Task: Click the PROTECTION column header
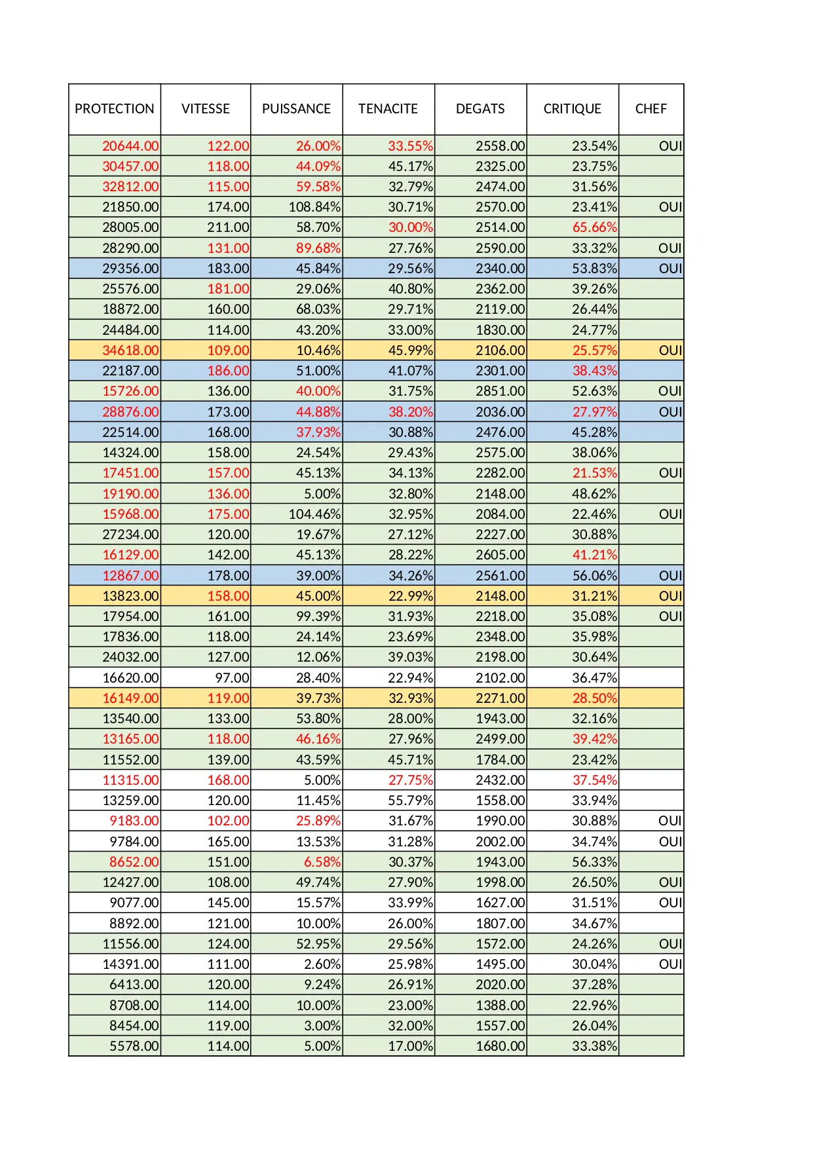point(115,109)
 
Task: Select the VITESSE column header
point(206,109)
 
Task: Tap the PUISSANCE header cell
point(296,109)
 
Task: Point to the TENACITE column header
point(388,109)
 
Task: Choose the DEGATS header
point(480,109)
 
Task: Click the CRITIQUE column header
point(572,109)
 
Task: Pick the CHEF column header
point(651,109)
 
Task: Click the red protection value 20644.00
point(130,146)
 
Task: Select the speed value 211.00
point(228,227)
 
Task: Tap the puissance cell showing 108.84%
point(314,207)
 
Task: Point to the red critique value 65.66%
point(594,227)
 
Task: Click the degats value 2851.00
point(500,391)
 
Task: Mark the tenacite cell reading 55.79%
point(410,801)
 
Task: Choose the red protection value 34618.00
point(130,350)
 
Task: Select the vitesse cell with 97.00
point(232,678)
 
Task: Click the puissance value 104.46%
point(314,514)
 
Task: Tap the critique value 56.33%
point(594,862)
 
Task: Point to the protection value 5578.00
point(134,1046)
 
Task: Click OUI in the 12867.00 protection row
point(670,576)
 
